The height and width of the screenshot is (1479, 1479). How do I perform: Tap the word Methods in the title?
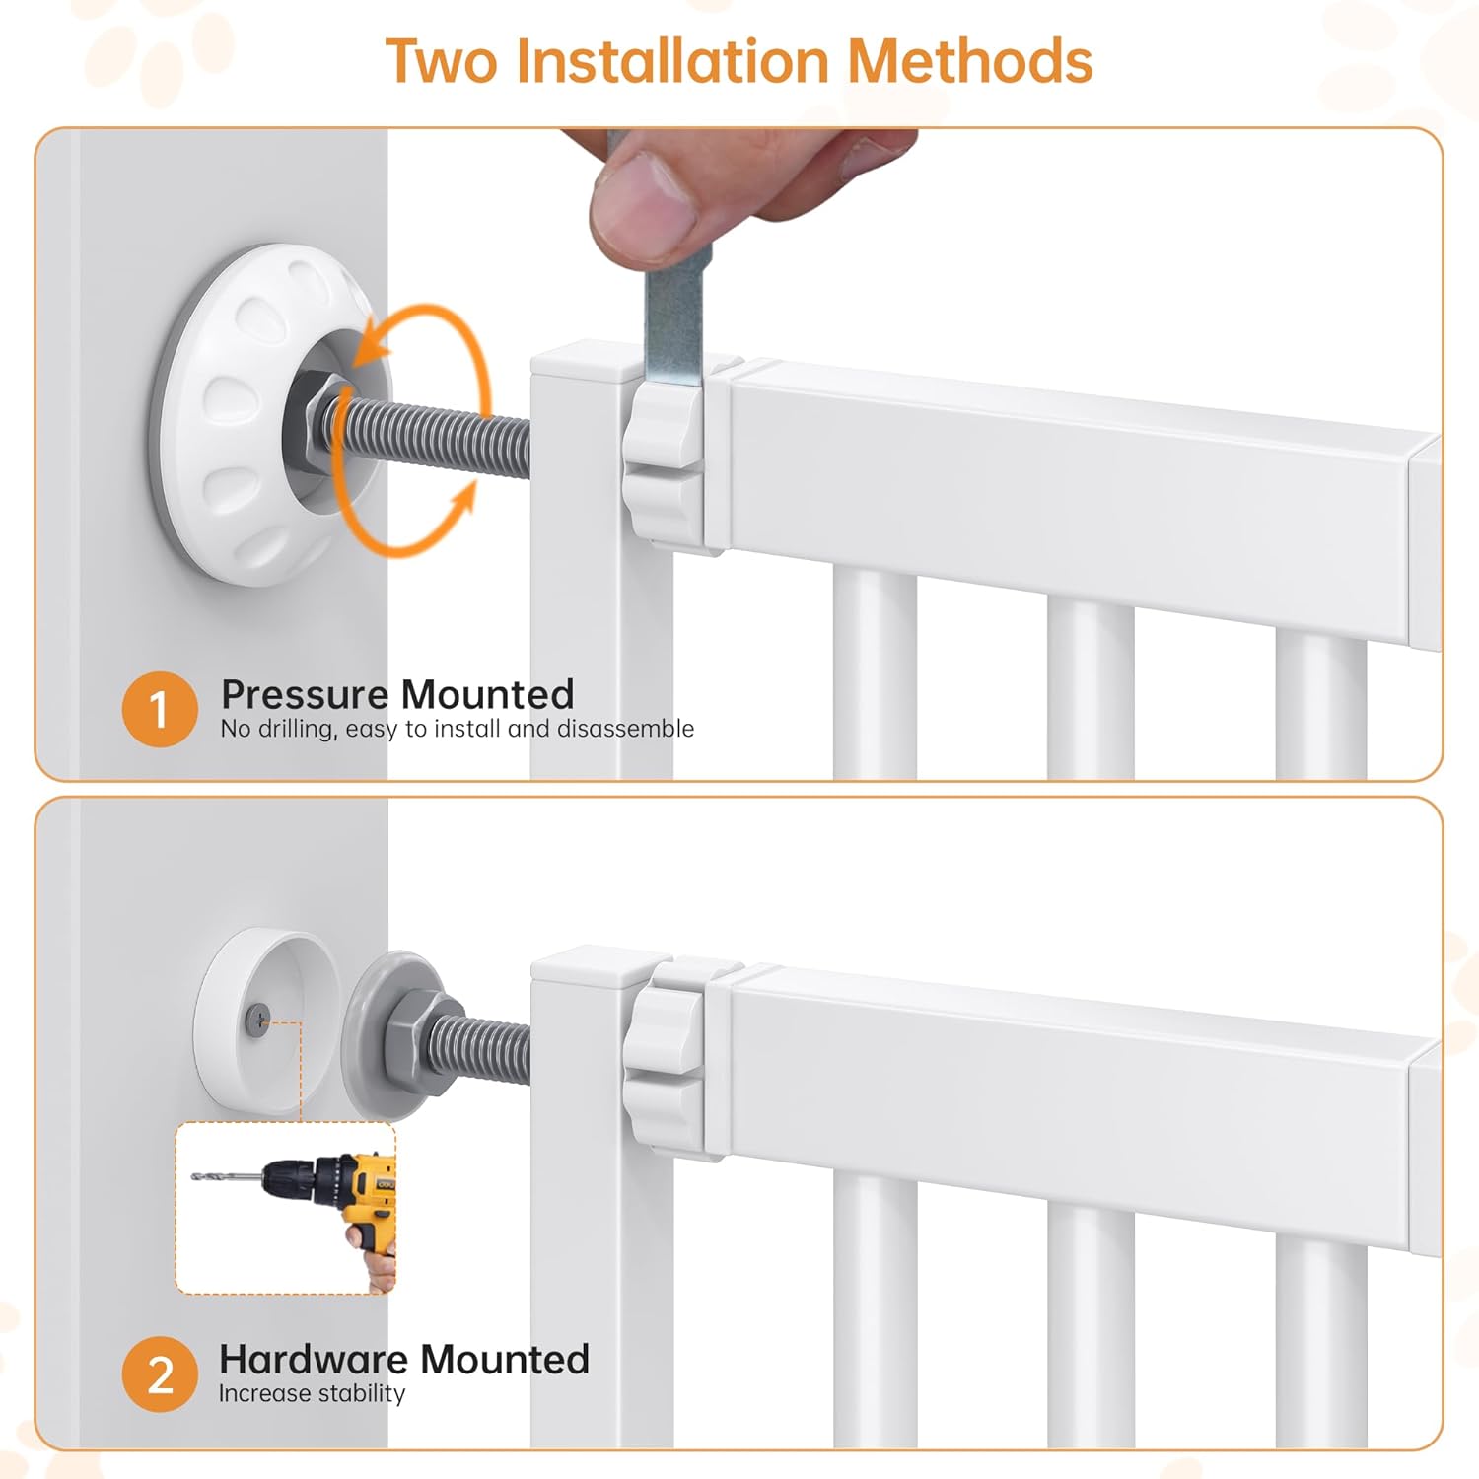969,61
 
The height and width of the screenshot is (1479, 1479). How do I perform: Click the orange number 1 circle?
160,709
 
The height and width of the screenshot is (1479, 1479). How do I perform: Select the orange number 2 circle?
160,1373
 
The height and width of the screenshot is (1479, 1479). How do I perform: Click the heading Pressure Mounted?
397,694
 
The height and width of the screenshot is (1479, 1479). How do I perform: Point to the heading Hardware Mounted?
404,1359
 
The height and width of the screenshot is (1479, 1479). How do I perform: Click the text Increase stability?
312,1393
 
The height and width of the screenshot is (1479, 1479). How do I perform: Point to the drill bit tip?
193,1176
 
